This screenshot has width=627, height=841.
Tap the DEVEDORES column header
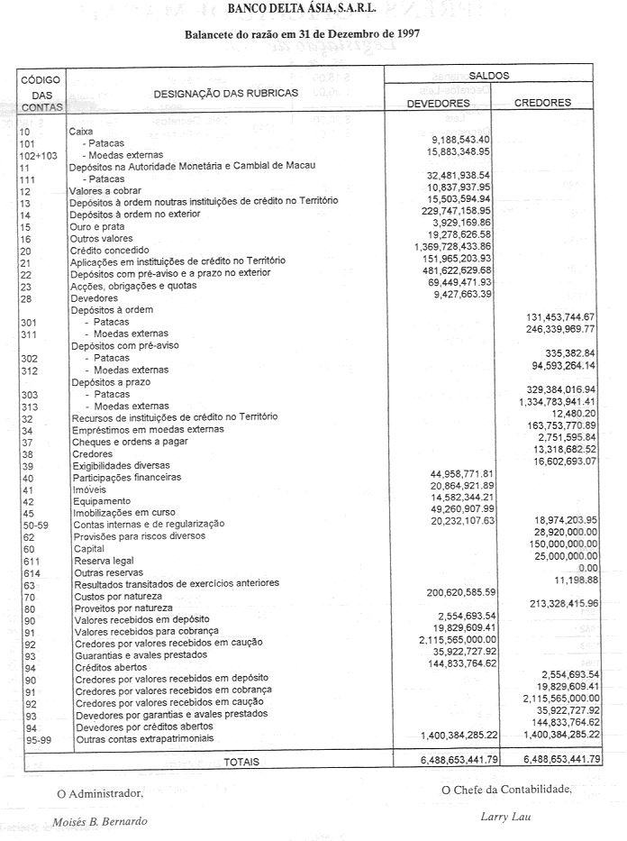click(x=438, y=104)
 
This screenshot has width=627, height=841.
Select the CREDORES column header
click(x=542, y=103)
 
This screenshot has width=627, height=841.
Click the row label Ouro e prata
click(x=96, y=227)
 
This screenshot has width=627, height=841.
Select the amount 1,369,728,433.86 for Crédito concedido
click(x=452, y=247)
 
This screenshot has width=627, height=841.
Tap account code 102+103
click(x=38, y=156)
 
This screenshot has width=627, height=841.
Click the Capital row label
click(x=90, y=548)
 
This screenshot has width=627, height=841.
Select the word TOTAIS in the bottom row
click(x=241, y=762)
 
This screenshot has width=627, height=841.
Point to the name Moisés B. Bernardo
click(x=99, y=822)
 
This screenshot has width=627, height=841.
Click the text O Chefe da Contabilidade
click(x=506, y=791)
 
